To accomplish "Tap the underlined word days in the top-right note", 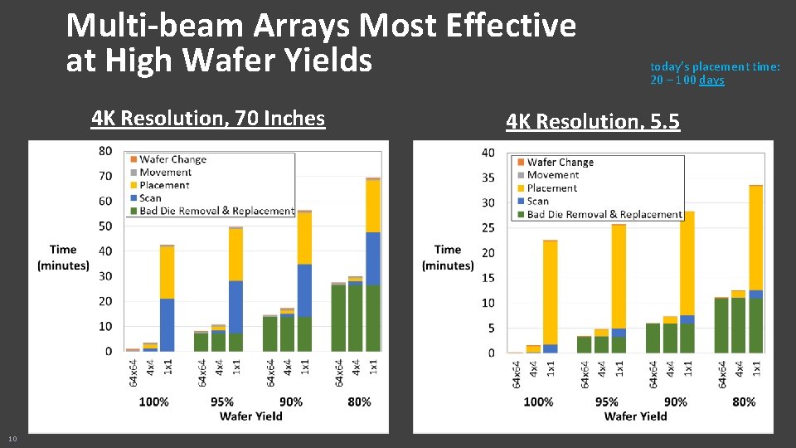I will point(711,80).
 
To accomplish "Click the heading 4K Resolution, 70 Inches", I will point(208,118).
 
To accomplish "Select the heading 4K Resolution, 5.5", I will point(593,122).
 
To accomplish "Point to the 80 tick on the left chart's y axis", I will point(105,151).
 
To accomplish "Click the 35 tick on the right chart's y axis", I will point(488,178).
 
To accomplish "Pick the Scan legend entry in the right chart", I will point(537,201).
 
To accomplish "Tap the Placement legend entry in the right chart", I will point(551,188).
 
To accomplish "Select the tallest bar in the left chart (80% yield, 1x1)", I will point(373,265).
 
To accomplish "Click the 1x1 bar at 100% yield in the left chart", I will point(167,299).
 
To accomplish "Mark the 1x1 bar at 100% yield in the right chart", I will point(551,296).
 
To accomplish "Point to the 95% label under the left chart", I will point(222,402).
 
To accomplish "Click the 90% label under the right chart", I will point(675,402).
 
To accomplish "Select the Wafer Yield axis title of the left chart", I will point(250,416).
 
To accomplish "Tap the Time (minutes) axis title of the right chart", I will point(448,257).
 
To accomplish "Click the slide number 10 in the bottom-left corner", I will point(12,438).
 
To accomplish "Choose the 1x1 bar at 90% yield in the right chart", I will point(687,282).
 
